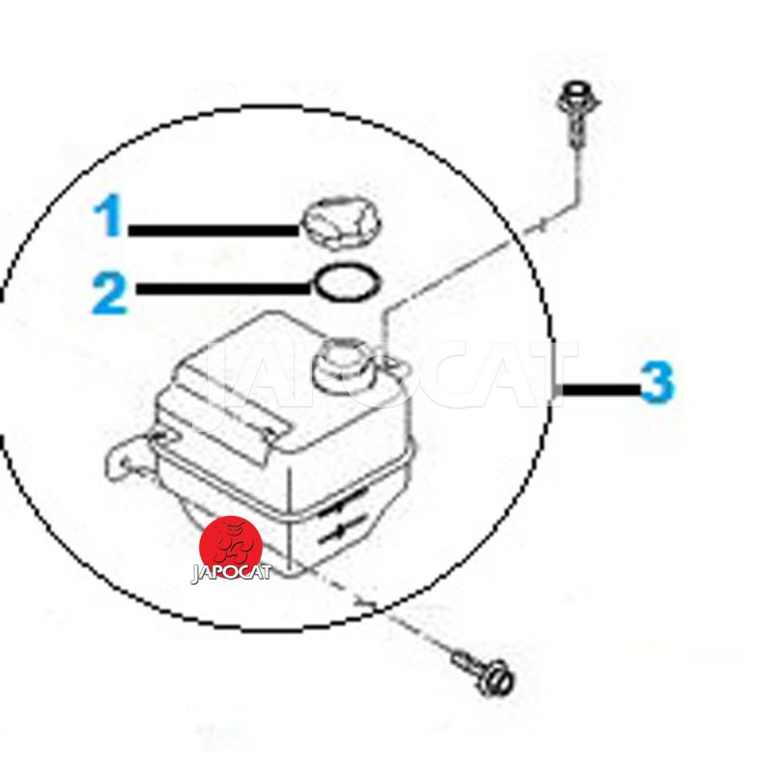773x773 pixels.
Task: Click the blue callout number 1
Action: (108, 215)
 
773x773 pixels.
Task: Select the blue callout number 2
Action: (110, 294)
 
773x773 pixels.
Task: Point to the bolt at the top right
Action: (576, 112)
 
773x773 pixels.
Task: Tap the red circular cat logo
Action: (231, 546)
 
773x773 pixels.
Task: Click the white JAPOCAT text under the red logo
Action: (231, 573)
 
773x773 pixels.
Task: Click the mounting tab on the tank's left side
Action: (128, 458)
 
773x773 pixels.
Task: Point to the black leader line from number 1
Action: (214, 230)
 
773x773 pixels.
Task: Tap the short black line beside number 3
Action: (601, 390)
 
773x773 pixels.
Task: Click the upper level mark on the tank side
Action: (344, 501)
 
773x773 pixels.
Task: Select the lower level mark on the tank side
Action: (343, 530)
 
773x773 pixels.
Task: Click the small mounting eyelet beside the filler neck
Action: (395, 364)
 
